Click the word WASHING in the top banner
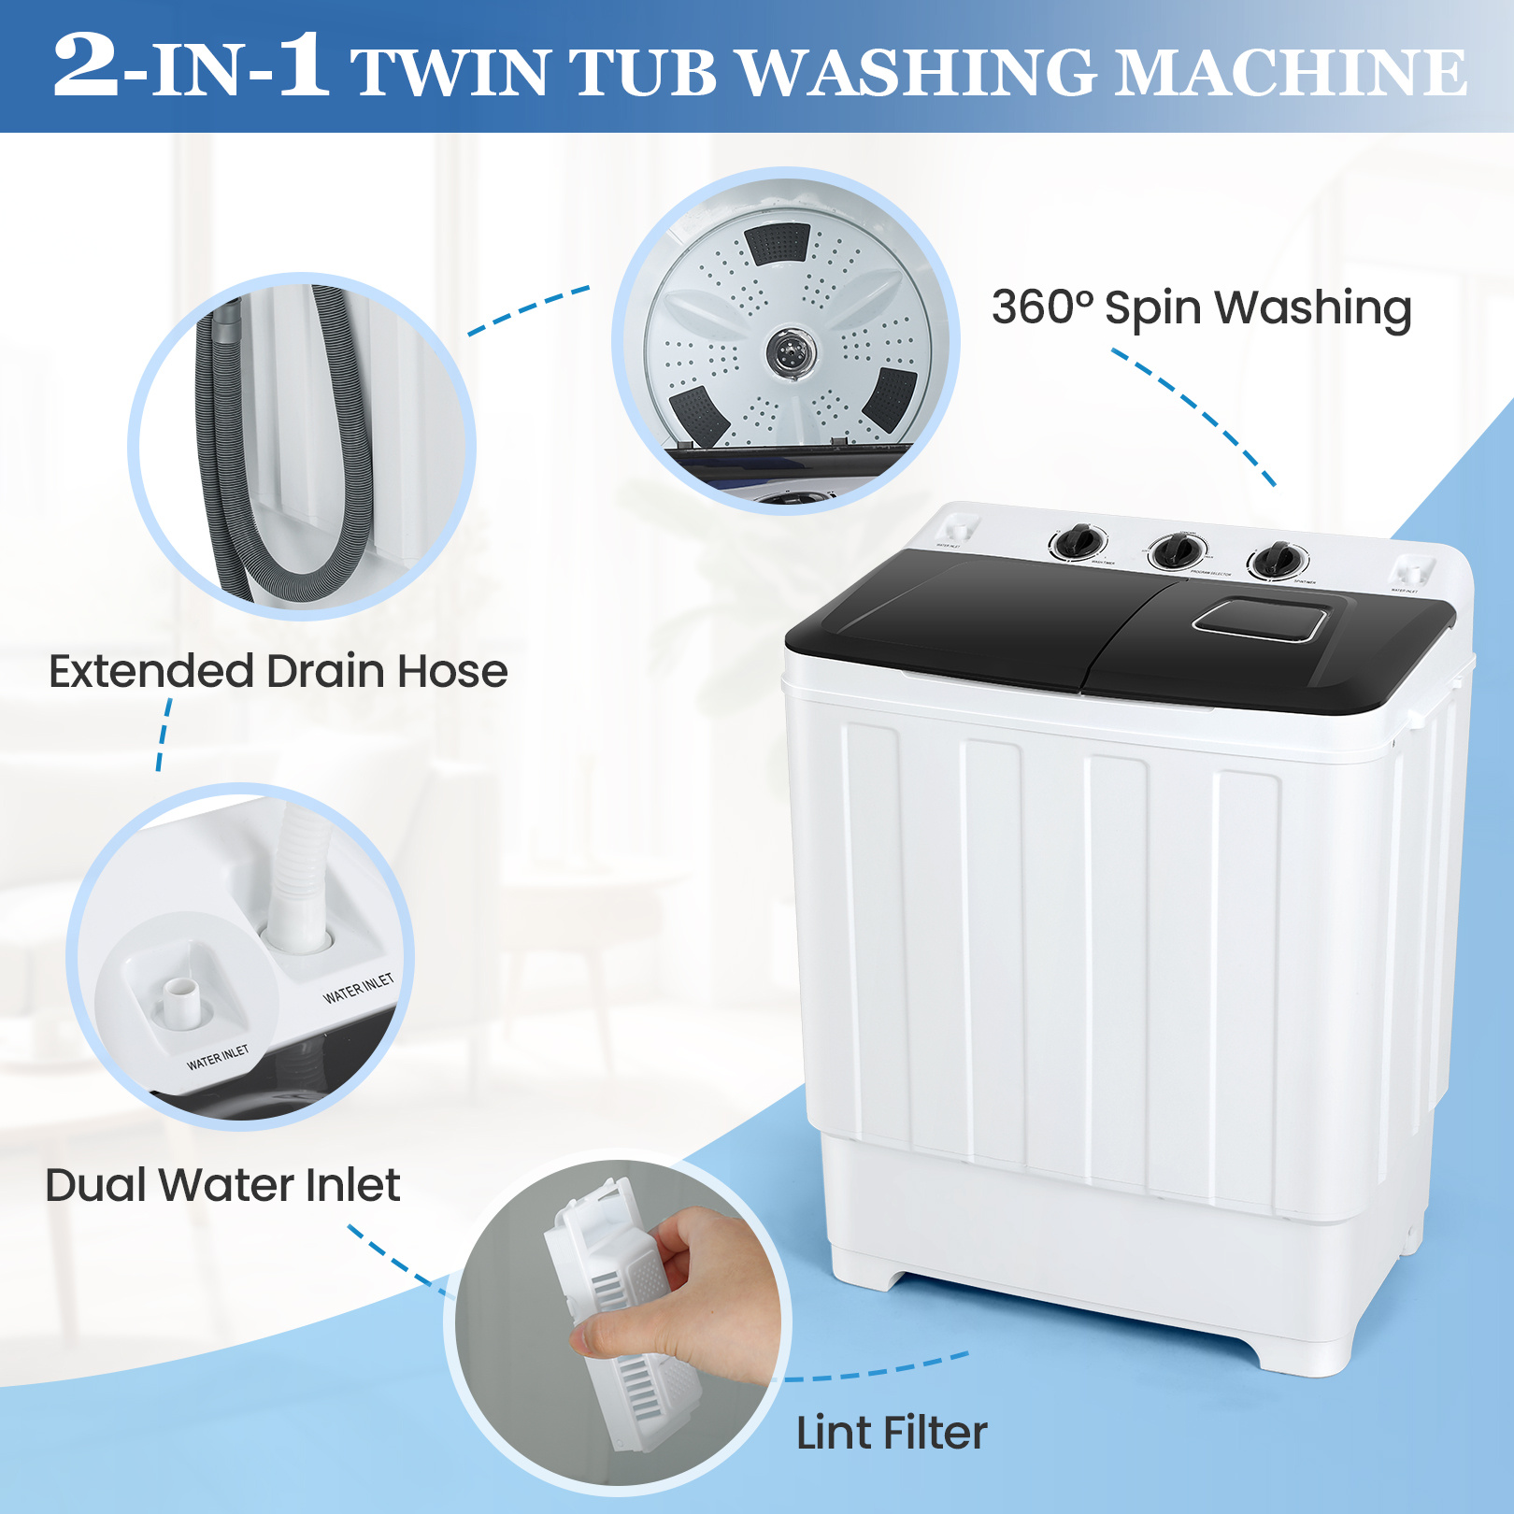tap(921, 72)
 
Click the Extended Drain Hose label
tap(278, 671)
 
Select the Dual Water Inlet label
tap(222, 1185)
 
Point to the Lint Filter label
tap(891, 1433)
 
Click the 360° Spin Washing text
tap(1201, 307)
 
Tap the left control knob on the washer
tap(1079, 541)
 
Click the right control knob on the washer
tap(1277, 559)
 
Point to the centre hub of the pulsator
tap(791, 352)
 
